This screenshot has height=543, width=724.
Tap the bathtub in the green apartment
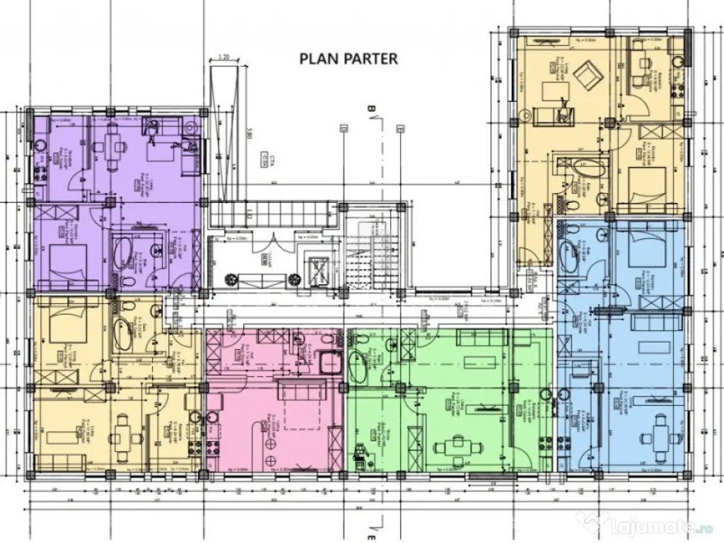coord(356,348)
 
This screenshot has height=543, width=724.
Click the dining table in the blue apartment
coord(661,428)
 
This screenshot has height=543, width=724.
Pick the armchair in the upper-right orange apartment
coord(585,74)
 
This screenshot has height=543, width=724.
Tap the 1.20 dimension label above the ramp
coord(224,56)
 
